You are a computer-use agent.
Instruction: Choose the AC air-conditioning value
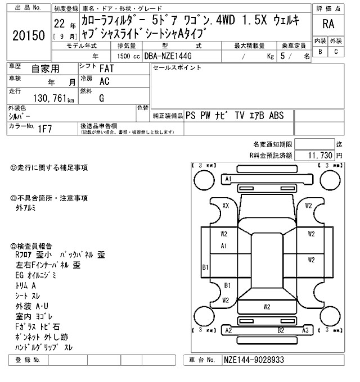(104, 81)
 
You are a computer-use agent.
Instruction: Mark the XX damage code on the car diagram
(226, 206)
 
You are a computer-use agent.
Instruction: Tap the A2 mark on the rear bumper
(228, 330)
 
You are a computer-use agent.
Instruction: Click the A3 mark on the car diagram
(304, 330)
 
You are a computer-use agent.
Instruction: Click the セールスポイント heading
(177, 68)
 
